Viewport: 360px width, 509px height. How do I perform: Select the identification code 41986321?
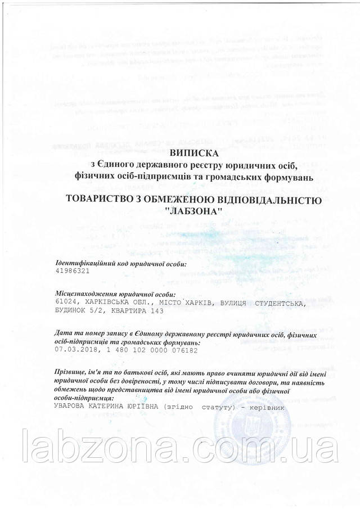click(73, 271)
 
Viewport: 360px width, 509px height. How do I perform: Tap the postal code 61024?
click(66, 303)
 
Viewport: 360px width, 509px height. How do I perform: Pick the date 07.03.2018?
click(75, 349)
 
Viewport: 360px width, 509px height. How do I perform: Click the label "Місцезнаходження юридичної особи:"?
click(115, 295)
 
